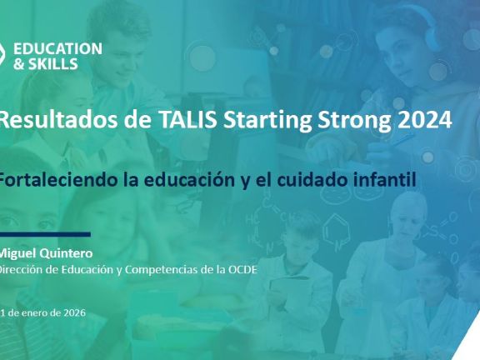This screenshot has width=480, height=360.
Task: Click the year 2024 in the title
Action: [420, 120]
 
